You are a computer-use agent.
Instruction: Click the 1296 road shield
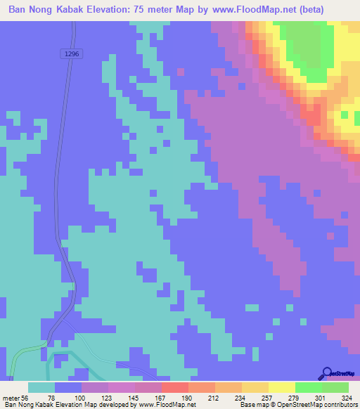click(x=72, y=53)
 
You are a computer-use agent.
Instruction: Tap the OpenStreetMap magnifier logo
click(x=326, y=372)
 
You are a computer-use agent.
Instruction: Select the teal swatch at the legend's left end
click(x=41, y=387)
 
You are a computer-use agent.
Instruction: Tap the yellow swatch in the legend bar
click(x=281, y=387)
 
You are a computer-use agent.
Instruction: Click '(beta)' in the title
click(x=337, y=10)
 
